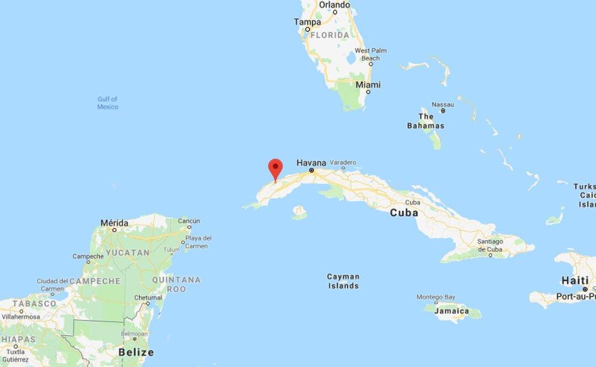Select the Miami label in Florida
tap(368, 85)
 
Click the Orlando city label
tap(334, 4)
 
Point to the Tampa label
tap(307, 22)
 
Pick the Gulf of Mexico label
tap(108, 103)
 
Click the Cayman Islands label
tap(343, 281)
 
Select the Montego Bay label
tap(436, 297)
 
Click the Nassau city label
tap(443, 104)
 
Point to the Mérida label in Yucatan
tap(114, 223)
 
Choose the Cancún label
tap(188, 221)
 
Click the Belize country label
tap(136, 352)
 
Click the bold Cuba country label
tap(404, 213)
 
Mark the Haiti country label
tap(574, 280)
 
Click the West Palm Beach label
tap(370, 54)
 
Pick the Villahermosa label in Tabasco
tap(22, 317)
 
